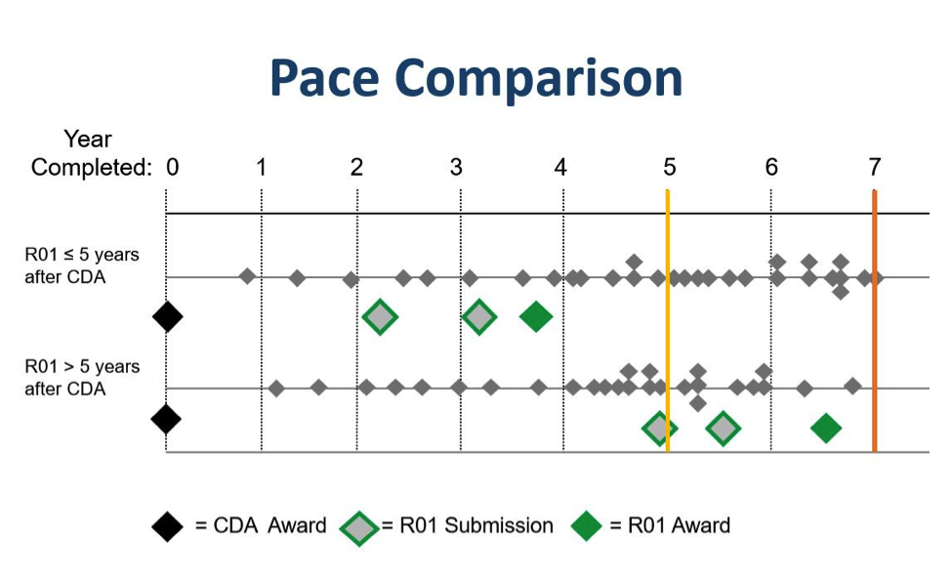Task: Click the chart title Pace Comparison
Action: pos(476,78)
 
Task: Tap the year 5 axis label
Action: pos(669,167)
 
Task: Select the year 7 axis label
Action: pos(874,167)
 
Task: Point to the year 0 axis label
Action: pos(173,167)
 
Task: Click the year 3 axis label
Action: pos(457,167)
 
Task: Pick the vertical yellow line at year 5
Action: pos(668,321)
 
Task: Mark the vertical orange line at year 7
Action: pos(874,321)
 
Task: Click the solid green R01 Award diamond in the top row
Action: pos(536,316)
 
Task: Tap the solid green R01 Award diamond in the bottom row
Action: pos(826,429)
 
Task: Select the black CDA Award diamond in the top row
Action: pos(168,316)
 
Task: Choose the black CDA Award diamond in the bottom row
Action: pos(166,420)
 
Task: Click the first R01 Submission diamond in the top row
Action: pos(380,316)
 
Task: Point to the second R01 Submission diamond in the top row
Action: pos(479,316)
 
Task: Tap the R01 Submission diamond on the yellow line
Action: pos(659,429)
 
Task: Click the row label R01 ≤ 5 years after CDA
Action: pos(82,266)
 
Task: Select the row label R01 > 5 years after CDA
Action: pos(82,378)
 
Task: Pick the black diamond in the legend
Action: pos(168,526)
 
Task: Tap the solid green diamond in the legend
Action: pos(587,526)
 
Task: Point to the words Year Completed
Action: pos(91,153)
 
